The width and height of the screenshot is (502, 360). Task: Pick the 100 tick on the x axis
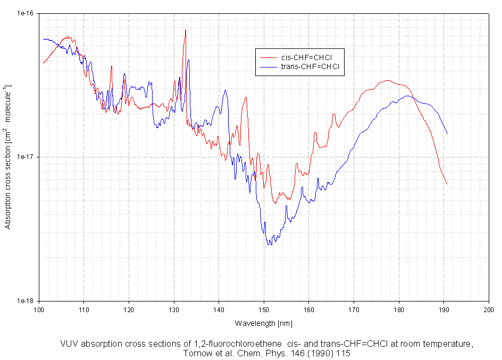click(39, 308)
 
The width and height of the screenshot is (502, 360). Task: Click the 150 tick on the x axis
click(264, 308)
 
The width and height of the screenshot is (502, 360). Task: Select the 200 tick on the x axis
click(488, 308)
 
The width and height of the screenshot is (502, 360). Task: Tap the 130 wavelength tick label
click(174, 308)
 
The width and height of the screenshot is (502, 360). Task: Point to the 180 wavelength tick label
click(399, 308)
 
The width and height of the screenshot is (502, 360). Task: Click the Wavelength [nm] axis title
click(263, 323)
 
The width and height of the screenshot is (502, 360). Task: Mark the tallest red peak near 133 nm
click(186, 30)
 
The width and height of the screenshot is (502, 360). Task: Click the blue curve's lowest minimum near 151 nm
click(270, 244)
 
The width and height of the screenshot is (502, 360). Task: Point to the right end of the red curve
click(447, 184)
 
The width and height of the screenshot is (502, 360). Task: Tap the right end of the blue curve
click(447, 133)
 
